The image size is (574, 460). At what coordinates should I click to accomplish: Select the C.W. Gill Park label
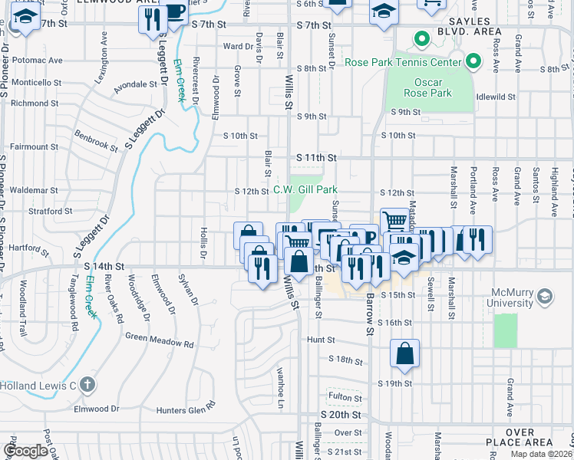click(x=305, y=190)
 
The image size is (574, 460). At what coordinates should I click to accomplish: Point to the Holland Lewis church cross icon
click(x=88, y=384)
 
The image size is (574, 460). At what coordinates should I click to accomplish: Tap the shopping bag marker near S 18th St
click(x=404, y=354)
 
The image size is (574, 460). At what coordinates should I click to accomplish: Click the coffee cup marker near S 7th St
click(x=174, y=13)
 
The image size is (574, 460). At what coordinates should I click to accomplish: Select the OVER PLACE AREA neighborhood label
click(x=520, y=438)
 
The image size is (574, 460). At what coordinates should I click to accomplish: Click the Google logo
click(x=25, y=451)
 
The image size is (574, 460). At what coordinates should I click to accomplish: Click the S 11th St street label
click(x=317, y=157)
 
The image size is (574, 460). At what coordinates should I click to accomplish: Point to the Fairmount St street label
click(x=33, y=146)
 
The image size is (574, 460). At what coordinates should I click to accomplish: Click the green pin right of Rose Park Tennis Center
click(x=474, y=61)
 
